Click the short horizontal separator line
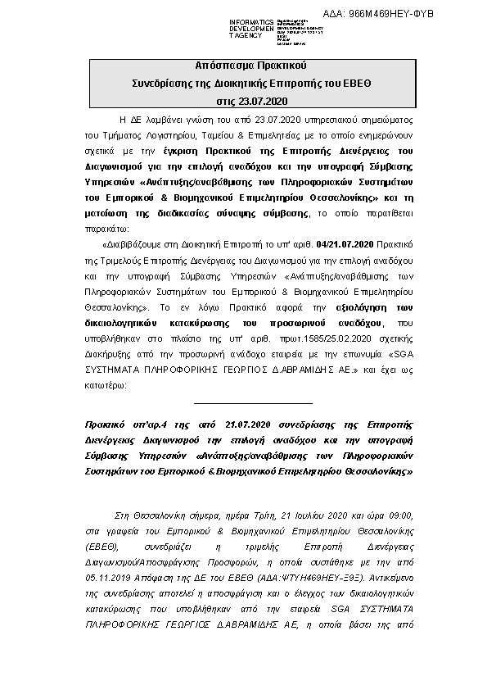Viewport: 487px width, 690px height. point(252,402)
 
